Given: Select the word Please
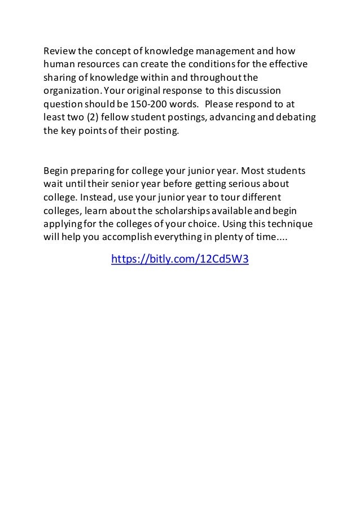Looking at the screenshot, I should pyautogui.click(x=223, y=104).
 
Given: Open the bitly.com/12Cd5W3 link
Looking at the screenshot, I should pyautogui.click(x=180, y=260).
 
